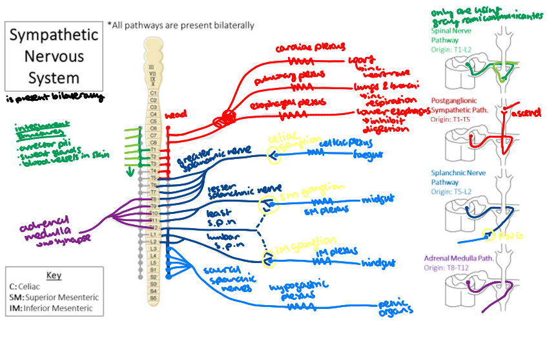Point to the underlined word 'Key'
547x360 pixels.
(54, 275)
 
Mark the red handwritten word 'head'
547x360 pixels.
(176, 115)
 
